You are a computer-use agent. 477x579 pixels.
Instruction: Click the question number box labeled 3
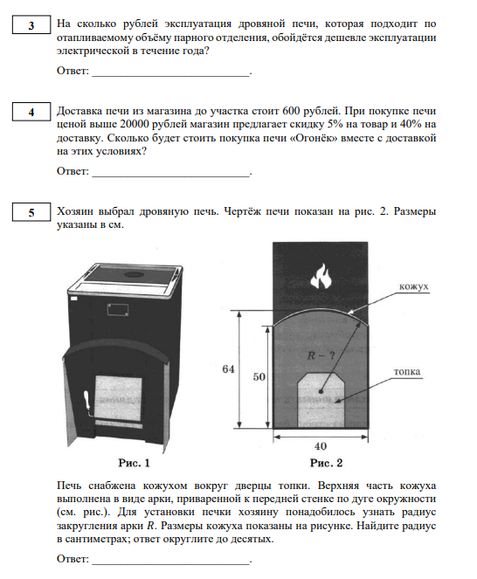pyautogui.click(x=31, y=24)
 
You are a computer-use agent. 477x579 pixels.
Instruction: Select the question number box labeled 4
pyautogui.click(x=31, y=112)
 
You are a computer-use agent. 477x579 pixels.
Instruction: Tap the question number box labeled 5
pyautogui.click(x=31, y=212)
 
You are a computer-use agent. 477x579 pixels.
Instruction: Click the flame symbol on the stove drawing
pyautogui.click(x=321, y=276)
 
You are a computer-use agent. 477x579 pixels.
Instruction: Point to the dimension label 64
pyautogui.click(x=228, y=369)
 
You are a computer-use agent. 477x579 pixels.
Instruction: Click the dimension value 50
pyautogui.click(x=259, y=376)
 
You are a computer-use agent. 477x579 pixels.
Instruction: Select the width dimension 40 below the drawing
pyautogui.click(x=321, y=446)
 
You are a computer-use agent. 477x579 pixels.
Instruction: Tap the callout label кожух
pyautogui.click(x=413, y=286)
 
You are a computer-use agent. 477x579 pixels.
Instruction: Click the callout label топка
pyautogui.click(x=407, y=371)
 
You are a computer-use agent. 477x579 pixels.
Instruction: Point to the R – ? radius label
pyautogui.click(x=321, y=355)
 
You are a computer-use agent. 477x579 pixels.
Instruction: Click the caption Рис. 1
pyautogui.click(x=134, y=463)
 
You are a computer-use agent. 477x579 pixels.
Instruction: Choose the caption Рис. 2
pyautogui.click(x=326, y=463)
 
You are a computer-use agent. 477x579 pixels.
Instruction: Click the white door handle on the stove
pyautogui.click(x=87, y=401)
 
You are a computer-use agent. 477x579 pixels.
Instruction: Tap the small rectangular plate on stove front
pyautogui.click(x=118, y=309)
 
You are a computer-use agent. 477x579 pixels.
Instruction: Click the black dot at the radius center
pyautogui.click(x=321, y=391)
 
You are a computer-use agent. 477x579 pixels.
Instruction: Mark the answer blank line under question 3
pyautogui.click(x=171, y=75)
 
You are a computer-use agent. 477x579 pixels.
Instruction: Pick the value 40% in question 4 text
pyautogui.click(x=411, y=124)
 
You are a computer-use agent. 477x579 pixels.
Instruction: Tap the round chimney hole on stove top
pyautogui.click(x=135, y=274)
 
